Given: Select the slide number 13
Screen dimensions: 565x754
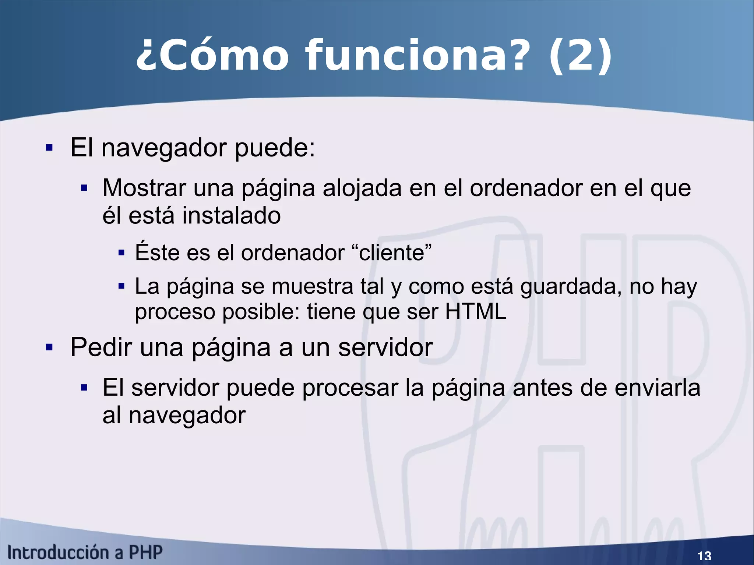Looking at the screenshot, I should pos(704,555).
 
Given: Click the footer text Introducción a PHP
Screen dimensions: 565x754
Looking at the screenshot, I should pos(85,552).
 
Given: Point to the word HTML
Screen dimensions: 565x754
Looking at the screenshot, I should pos(476,311).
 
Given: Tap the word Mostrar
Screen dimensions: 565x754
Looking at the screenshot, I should pos(144,188).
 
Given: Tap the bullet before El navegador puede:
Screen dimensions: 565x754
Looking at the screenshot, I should pos(49,148).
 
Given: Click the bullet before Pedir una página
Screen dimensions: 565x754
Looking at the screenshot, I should pos(49,347).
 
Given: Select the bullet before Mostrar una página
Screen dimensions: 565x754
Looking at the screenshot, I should pos(84,188).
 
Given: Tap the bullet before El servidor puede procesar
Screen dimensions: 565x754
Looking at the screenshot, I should pos(84,388).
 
